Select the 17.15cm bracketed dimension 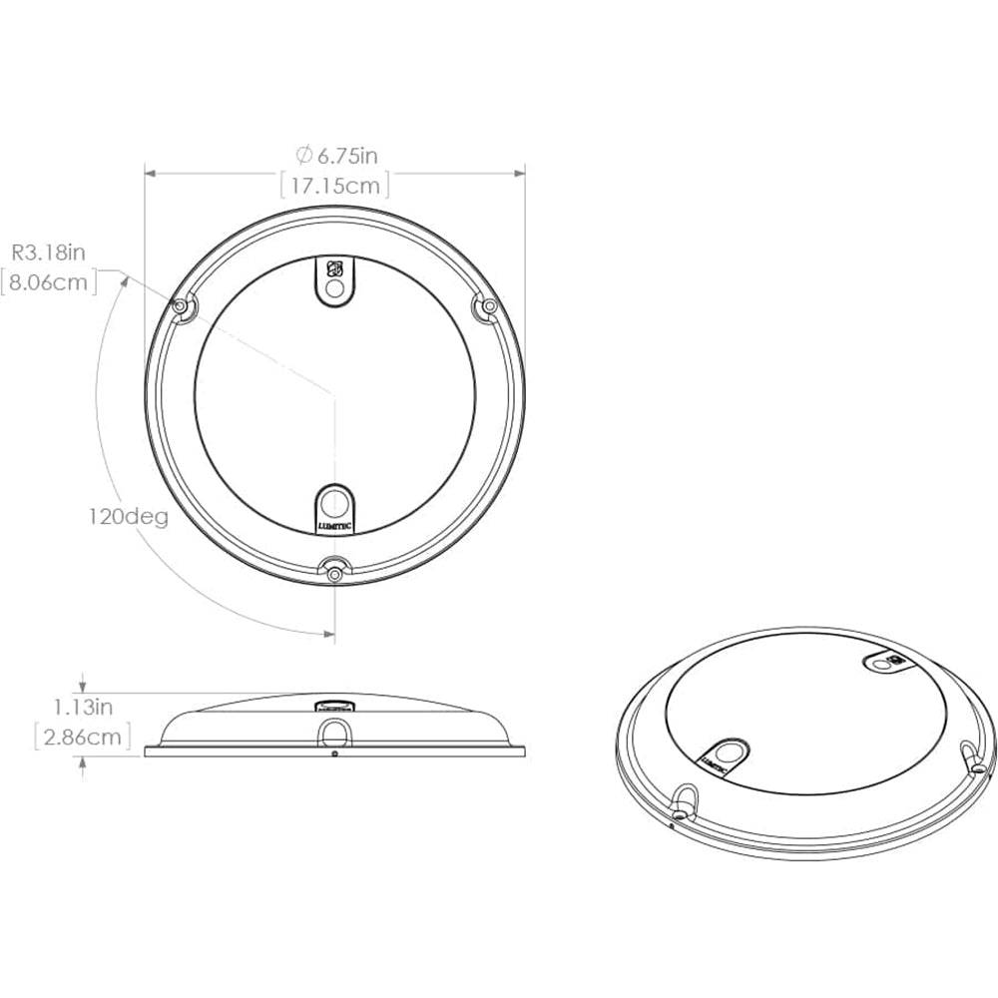(x=333, y=186)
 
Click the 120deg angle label (x=126, y=518)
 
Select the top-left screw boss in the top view (x=183, y=308)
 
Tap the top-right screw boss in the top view (x=487, y=308)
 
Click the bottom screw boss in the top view (x=334, y=572)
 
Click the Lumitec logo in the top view (x=335, y=521)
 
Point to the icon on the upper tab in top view (x=336, y=268)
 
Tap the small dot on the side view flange (x=334, y=753)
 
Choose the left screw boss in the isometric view (x=684, y=799)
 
